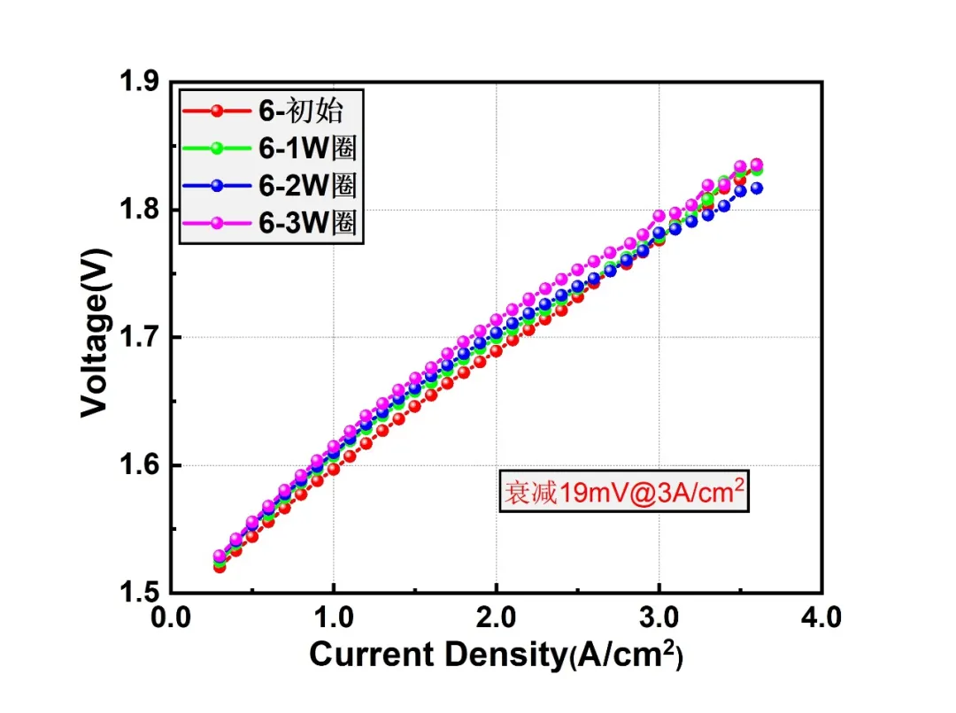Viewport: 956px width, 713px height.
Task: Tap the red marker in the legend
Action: click(217, 111)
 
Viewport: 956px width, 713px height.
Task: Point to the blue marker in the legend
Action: click(217, 186)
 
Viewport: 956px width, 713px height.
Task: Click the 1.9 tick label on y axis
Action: click(139, 81)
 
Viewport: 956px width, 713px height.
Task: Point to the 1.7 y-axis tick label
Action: click(139, 337)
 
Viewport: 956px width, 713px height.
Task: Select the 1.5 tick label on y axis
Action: click(139, 593)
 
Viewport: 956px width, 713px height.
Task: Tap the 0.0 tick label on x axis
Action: click(171, 618)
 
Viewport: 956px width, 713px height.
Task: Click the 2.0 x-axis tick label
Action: click(497, 618)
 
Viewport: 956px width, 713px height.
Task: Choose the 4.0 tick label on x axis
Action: click(821, 618)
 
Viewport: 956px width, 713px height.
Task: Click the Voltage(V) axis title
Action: click(96, 333)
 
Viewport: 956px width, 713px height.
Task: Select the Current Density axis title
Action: click(497, 655)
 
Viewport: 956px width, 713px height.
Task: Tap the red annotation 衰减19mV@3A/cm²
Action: click(624, 491)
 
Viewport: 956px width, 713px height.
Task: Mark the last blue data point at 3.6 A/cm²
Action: click(757, 188)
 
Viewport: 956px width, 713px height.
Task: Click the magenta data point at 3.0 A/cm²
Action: click(659, 216)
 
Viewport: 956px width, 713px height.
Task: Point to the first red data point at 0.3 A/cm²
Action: click(220, 567)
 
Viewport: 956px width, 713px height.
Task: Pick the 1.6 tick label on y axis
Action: click(139, 465)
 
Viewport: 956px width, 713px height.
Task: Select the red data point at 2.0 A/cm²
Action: click(497, 351)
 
